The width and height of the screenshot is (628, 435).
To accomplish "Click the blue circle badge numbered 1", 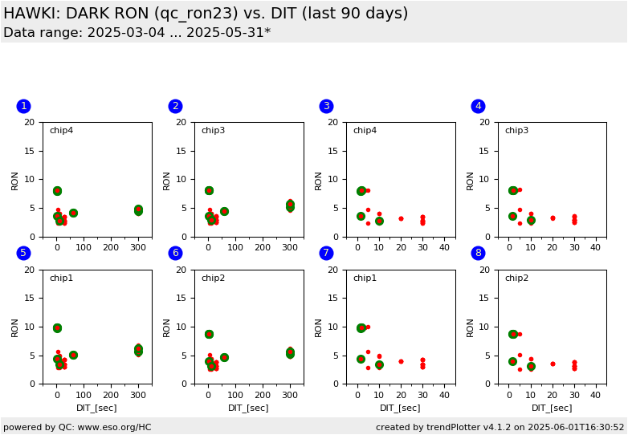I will point(23,106).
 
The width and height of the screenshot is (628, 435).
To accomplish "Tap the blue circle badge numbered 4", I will point(478,106).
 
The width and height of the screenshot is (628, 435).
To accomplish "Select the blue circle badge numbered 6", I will point(175,253).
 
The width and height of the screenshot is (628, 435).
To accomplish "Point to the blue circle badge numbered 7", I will point(326,253).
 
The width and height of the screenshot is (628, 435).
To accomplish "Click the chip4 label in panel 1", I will point(61,131).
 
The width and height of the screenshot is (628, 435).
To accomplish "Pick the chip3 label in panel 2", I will point(213,131).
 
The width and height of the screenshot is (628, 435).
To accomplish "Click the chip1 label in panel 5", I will point(61,278).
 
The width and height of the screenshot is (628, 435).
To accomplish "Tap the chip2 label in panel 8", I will point(516,278).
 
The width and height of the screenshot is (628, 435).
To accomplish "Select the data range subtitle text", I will point(137,33).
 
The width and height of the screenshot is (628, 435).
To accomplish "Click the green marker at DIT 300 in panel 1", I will point(138,210).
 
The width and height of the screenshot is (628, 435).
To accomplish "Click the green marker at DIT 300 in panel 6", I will point(290,353).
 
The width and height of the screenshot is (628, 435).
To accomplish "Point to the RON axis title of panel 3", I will point(319,180).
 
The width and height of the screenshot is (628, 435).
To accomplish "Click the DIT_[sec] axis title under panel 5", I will point(96,408).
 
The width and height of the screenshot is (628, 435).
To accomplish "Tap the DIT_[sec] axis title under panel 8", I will point(552,408).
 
